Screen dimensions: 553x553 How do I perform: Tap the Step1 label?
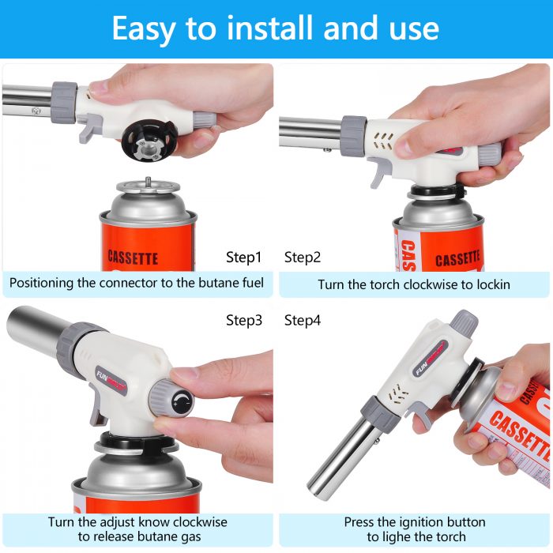(x=243, y=258)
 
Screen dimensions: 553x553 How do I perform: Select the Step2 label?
(x=303, y=258)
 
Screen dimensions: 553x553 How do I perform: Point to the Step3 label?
(x=243, y=321)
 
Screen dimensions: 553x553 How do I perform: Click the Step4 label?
(x=303, y=321)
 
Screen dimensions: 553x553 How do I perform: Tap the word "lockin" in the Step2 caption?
(x=491, y=284)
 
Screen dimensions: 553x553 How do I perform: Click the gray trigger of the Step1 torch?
(x=92, y=129)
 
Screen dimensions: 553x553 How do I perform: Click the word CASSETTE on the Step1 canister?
(x=132, y=258)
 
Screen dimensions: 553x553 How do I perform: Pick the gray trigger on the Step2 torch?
(x=380, y=170)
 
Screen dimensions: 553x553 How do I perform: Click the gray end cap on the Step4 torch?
(x=463, y=322)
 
